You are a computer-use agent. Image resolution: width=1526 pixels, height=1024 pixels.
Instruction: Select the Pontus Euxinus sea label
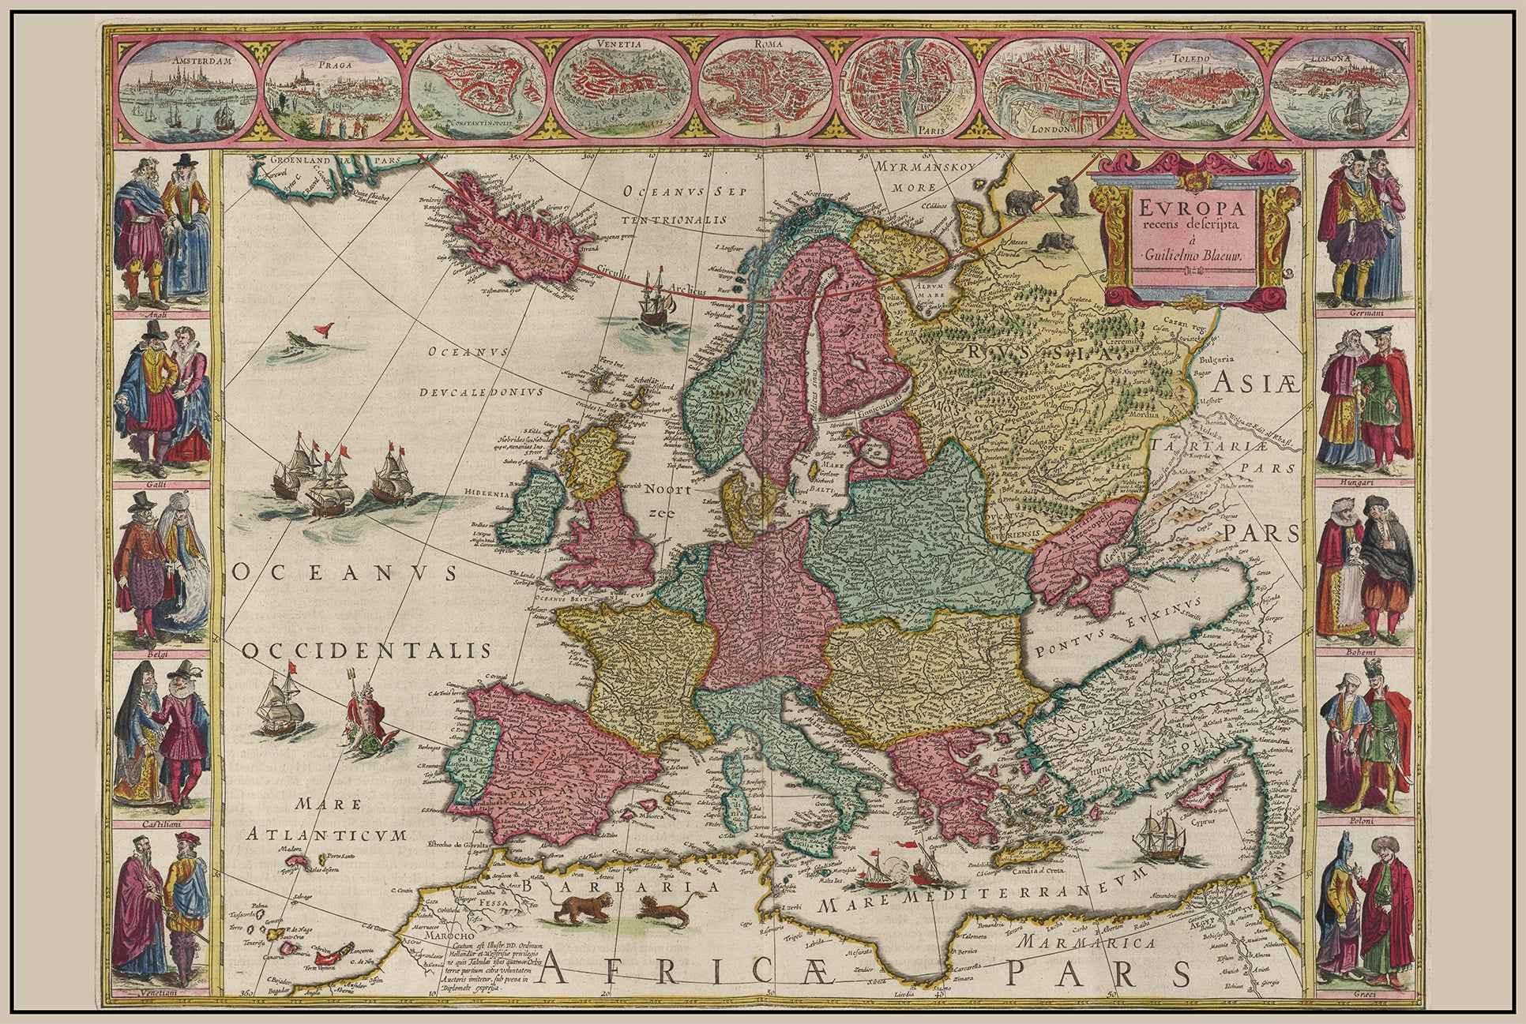pyautogui.click(x=1113, y=632)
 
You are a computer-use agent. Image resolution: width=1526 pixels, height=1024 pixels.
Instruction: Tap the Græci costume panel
pyautogui.click(x=1363, y=919)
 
